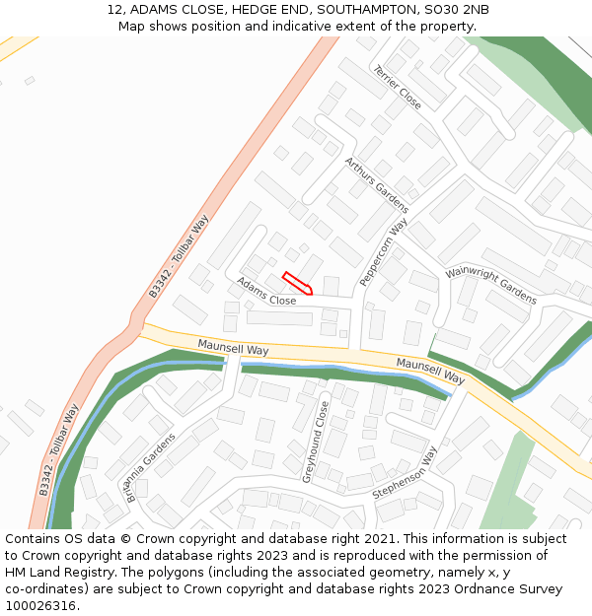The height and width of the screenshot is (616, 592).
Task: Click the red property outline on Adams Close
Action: tap(298, 283)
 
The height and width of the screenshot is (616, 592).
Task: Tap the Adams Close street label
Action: tap(265, 292)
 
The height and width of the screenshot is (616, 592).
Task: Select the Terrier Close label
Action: tap(397, 87)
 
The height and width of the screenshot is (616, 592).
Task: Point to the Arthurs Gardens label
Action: tap(376, 184)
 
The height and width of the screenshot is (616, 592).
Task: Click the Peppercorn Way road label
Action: tap(384, 253)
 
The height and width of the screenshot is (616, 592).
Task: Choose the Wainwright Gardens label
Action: tap(490, 284)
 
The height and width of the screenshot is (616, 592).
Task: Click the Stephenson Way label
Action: tap(405, 472)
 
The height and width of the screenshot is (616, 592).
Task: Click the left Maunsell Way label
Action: tap(233, 349)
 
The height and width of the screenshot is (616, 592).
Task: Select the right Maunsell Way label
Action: tap(430, 371)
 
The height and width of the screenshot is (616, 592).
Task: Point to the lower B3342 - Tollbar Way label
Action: tap(59, 449)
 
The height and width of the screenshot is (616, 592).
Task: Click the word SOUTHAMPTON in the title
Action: tap(367, 10)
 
